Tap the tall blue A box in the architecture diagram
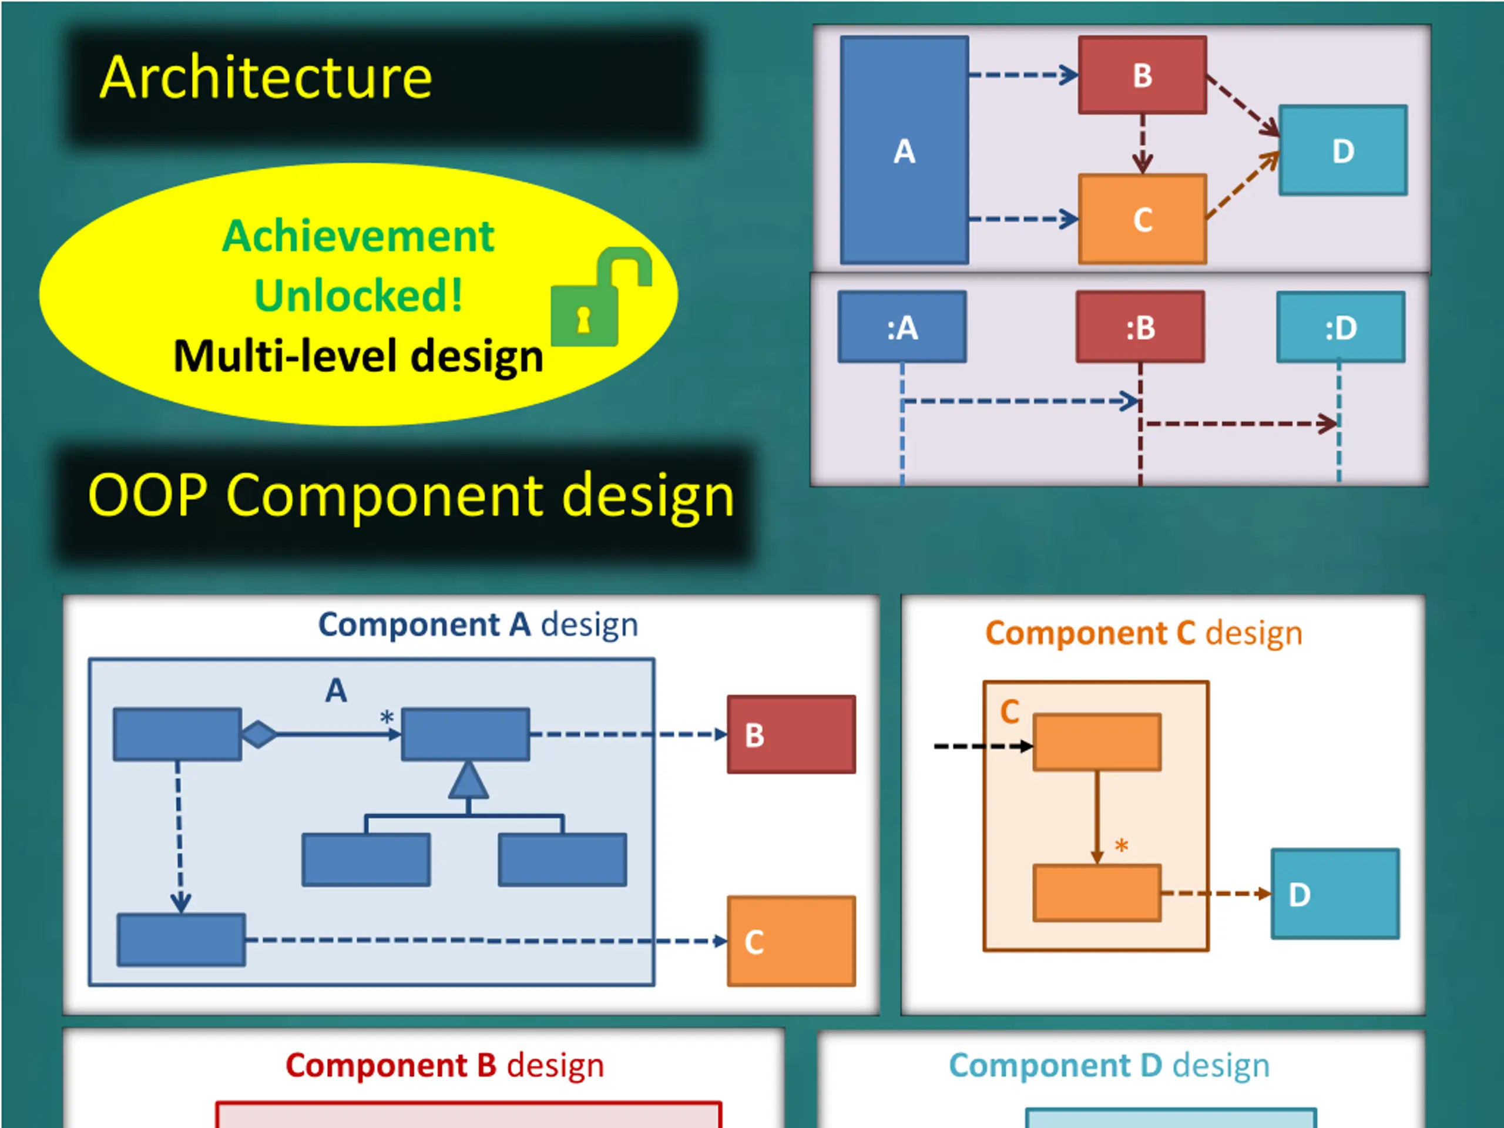(904, 150)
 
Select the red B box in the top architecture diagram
(1142, 75)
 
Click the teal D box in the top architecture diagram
(1343, 150)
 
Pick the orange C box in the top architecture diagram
(1142, 219)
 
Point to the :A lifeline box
(902, 327)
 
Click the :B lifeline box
(1140, 327)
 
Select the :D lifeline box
(1341, 327)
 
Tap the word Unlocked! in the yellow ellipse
(358, 295)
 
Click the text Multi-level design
(358, 355)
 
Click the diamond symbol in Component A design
(259, 734)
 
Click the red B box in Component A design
(791, 734)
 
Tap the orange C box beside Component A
(791, 941)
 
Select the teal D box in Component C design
(1335, 894)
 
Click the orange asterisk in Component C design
(1121, 847)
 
